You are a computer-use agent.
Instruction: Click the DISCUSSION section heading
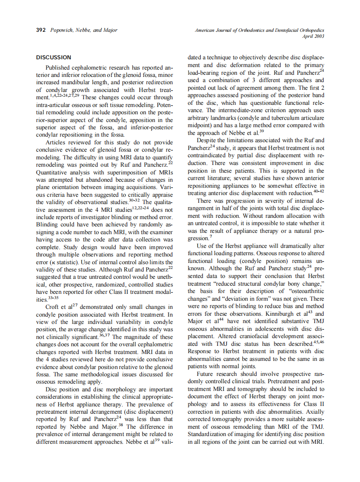(53, 57)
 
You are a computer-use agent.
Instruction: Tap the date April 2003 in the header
(312, 37)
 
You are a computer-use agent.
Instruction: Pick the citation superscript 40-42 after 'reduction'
(318, 190)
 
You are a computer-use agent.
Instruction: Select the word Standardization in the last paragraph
(209, 435)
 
